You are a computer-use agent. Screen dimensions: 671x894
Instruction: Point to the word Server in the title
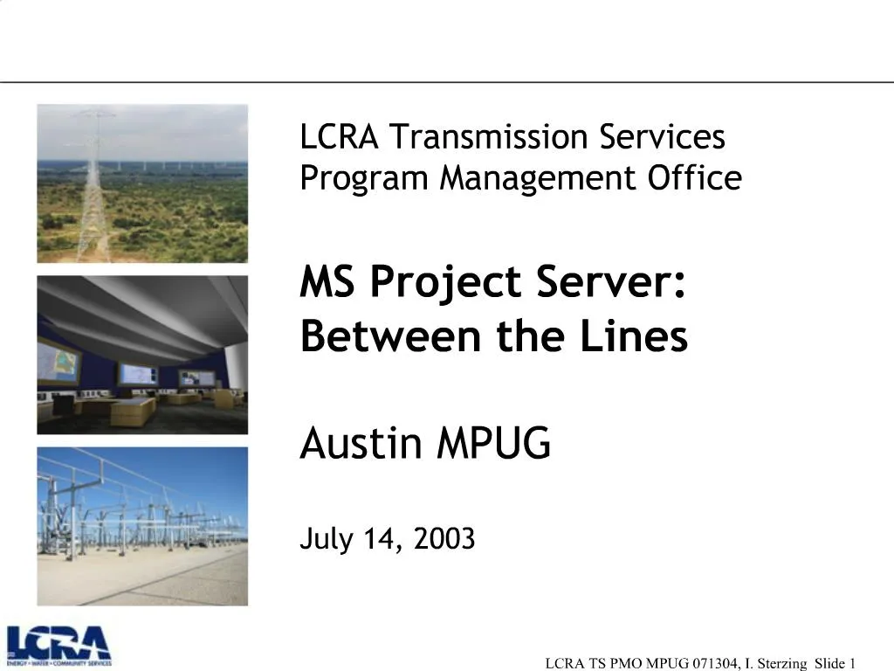pyautogui.click(x=610, y=282)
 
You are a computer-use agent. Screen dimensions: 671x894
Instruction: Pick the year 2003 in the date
pyautogui.click(x=444, y=539)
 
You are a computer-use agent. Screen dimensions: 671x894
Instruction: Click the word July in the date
pyautogui.click(x=327, y=539)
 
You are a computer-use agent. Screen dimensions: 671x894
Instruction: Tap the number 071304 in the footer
pyautogui.click(x=710, y=663)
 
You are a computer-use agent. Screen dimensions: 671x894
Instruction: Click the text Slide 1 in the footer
pyautogui.click(x=834, y=663)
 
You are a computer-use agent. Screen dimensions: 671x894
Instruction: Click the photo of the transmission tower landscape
pyautogui.click(x=142, y=183)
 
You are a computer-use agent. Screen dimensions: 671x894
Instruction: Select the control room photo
pyautogui.click(x=142, y=355)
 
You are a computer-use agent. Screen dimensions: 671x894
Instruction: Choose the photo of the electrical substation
pyautogui.click(x=142, y=526)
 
